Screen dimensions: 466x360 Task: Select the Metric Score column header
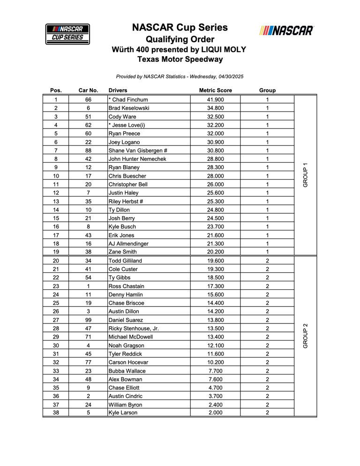(215, 90)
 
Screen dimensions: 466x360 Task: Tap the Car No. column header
(88, 90)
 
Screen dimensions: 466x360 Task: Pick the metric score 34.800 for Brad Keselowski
(215, 108)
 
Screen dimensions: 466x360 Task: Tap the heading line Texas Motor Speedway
(180, 59)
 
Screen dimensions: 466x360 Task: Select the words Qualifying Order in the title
(180, 39)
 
